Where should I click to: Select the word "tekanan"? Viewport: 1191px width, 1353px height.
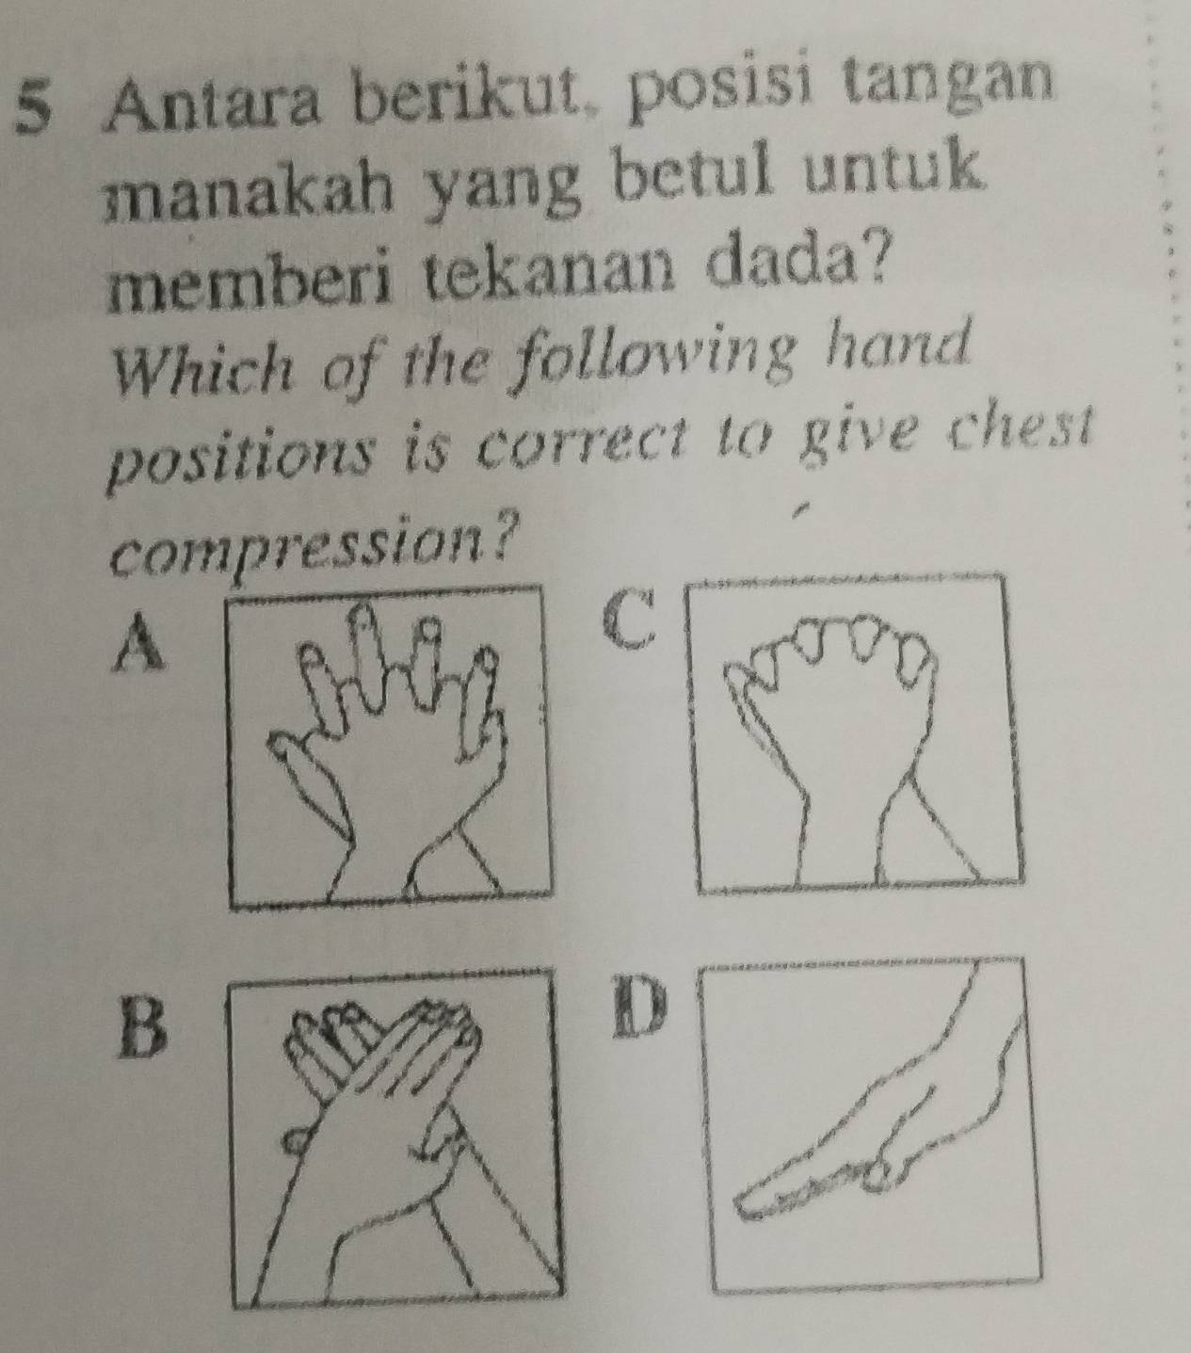point(556,276)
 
